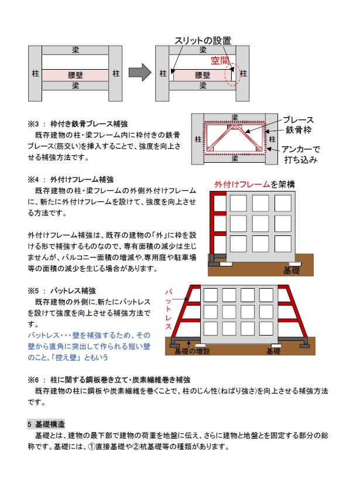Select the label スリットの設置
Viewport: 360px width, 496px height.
point(203,40)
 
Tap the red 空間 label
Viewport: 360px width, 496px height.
point(221,60)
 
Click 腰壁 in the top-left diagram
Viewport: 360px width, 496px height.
point(74,75)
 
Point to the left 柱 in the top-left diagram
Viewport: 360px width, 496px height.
point(36,74)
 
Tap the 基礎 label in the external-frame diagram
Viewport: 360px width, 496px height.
point(291,271)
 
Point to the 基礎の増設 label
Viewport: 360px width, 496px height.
point(188,351)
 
